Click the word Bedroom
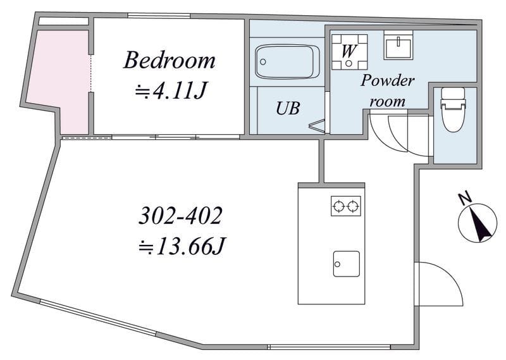[x=169, y=60]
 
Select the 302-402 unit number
[x=180, y=216]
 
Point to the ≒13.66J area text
[x=181, y=247]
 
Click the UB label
[x=288, y=108]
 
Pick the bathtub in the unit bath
[x=287, y=61]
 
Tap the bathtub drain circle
[x=263, y=61]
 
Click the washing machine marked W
[x=350, y=52]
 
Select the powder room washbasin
[x=398, y=45]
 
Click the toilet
[x=453, y=109]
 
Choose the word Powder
[x=387, y=81]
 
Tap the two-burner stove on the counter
[x=346, y=206]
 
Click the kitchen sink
[x=346, y=264]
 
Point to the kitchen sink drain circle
[x=338, y=264]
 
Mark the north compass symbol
[x=478, y=223]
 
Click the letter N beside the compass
[x=465, y=198]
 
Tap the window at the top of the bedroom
[x=159, y=15]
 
